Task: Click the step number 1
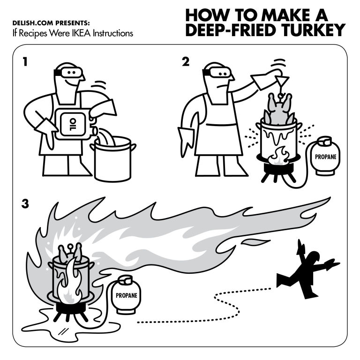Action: pyautogui.click(x=25, y=62)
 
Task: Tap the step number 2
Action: pyautogui.click(x=186, y=62)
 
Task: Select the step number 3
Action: pyautogui.click(x=25, y=203)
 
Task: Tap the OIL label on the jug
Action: pyautogui.click(x=73, y=124)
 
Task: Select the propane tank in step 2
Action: pyautogui.click(x=325, y=156)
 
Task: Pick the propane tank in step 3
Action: pyautogui.click(x=126, y=294)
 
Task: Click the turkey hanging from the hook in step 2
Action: pyautogui.click(x=279, y=109)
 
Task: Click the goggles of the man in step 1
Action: pyautogui.click(x=69, y=72)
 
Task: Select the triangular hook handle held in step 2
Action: pyautogui.click(x=282, y=81)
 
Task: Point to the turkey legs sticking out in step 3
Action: pyautogui.click(x=70, y=253)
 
